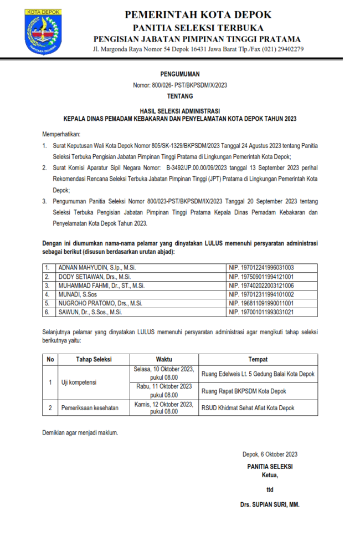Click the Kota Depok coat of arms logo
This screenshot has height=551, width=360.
43,31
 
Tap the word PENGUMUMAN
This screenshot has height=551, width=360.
180,74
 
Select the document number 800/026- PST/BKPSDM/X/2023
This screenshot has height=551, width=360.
180,85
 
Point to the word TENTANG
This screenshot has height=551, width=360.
180,96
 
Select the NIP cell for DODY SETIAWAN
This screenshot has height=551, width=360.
261,276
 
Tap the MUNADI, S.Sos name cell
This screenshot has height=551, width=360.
78,294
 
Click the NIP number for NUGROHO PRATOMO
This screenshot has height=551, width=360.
261,303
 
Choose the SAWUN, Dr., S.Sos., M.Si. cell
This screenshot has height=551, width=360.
90,312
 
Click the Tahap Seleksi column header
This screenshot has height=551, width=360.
94,359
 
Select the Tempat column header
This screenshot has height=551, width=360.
258,359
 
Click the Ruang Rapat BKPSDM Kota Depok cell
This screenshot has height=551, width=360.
244,391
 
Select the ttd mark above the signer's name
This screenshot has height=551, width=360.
270,489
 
